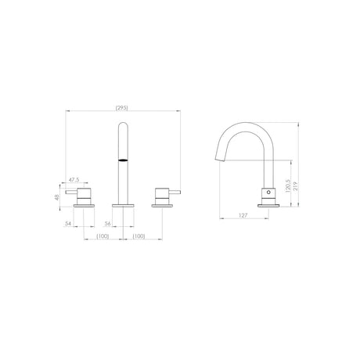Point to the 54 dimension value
coord(70,223)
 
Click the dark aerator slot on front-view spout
coord(122,159)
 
